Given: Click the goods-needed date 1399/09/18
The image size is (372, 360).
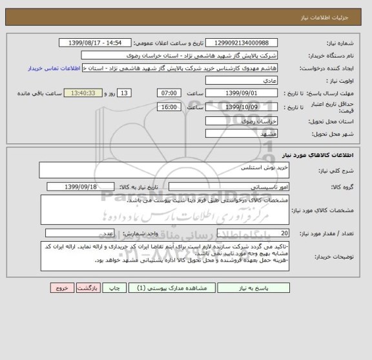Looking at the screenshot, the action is tap(81, 187).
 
